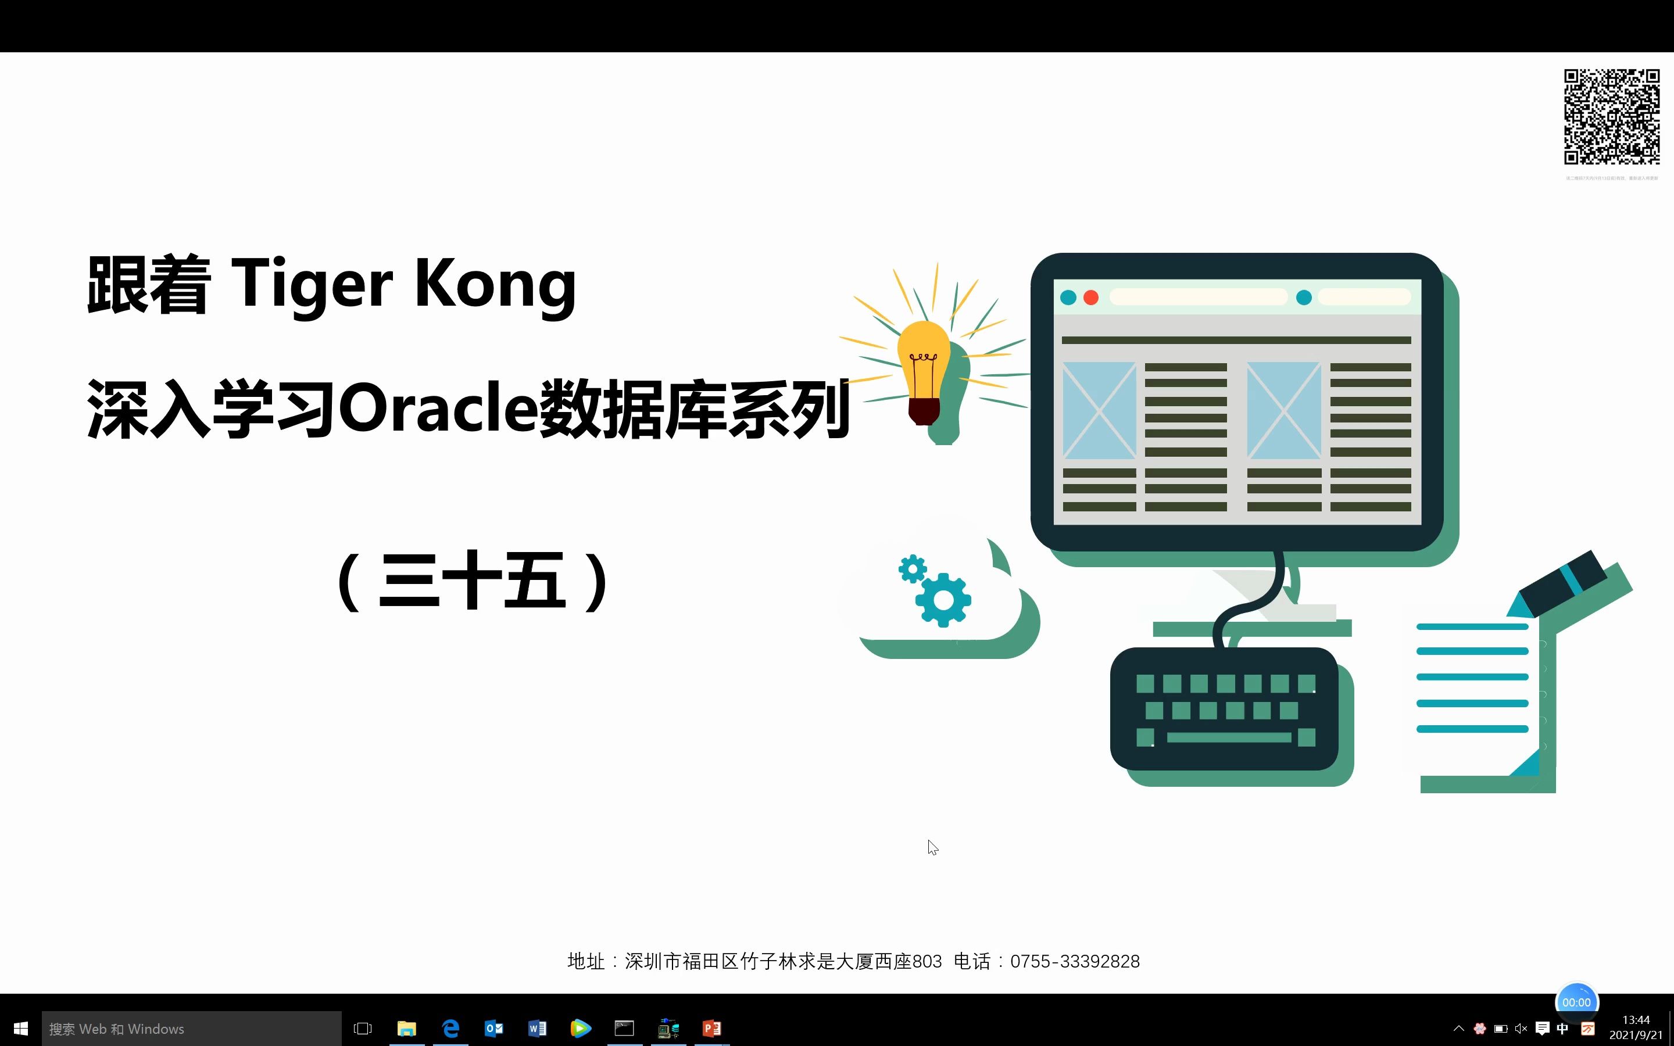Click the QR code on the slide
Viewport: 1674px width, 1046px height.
pyautogui.click(x=1612, y=116)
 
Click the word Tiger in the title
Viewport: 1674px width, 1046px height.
pyautogui.click(x=312, y=284)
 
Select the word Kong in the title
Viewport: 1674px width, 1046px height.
pyautogui.click(x=495, y=284)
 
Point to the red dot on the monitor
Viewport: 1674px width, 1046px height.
pyautogui.click(x=1091, y=298)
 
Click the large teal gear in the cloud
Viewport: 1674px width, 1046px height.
pyautogui.click(x=943, y=599)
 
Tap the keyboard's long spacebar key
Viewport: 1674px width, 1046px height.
pyautogui.click(x=1229, y=737)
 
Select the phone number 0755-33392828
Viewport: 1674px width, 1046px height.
pyautogui.click(x=1074, y=961)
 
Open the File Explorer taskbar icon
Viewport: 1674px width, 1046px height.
pyautogui.click(x=407, y=1029)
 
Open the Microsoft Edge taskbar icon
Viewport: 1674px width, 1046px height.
pyautogui.click(x=450, y=1029)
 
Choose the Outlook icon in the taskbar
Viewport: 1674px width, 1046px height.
pyautogui.click(x=494, y=1029)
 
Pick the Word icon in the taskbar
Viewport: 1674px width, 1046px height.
pyautogui.click(x=538, y=1029)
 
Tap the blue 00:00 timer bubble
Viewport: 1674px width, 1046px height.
pyautogui.click(x=1576, y=1002)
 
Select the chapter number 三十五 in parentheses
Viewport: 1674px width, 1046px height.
pyautogui.click(x=473, y=581)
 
